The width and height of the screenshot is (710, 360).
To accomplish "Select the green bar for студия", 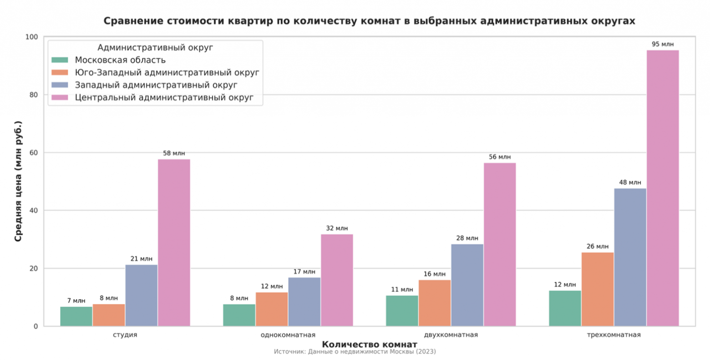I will (76, 316).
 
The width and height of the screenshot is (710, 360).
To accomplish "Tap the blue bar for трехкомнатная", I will (630, 257).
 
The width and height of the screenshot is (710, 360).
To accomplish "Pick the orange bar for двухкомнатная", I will (434, 303).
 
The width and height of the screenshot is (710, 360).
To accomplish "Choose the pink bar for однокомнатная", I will (337, 280).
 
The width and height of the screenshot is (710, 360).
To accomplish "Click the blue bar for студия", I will (141, 295).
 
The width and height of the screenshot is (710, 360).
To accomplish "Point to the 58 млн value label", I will (174, 153).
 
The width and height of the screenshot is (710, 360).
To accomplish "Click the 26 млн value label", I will (597, 247).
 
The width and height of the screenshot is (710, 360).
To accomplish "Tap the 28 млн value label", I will (467, 238).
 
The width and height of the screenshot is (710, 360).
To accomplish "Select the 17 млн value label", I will (304, 272).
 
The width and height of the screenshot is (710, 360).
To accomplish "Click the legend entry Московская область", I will (120, 60).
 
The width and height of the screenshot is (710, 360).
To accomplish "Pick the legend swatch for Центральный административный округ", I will (60, 97).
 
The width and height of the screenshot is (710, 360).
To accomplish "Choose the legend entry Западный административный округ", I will (156, 85).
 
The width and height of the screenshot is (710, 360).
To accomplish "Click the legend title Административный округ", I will (155, 47).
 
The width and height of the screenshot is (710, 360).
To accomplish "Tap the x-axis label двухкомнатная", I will (451, 335).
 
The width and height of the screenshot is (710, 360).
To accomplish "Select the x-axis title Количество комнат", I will (369, 344).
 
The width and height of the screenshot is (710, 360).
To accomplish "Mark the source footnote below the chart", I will (355, 352).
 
